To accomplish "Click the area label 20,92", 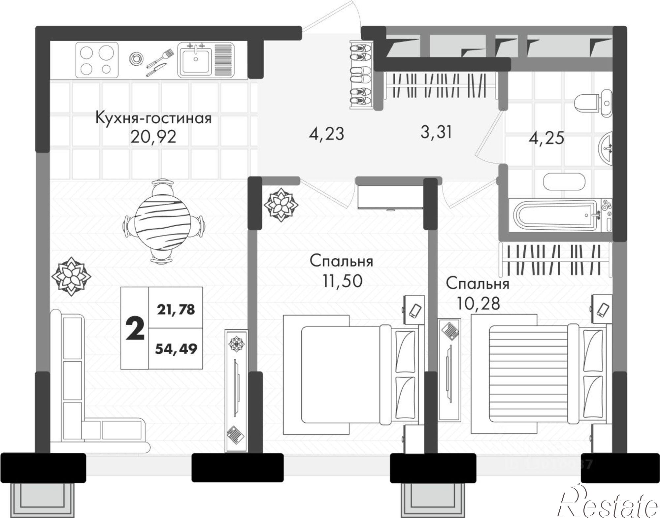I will (x=153, y=137).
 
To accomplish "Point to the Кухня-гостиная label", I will (x=153, y=118).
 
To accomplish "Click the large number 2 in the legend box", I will (x=135, y=328).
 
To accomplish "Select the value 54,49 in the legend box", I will (x=176, y=348).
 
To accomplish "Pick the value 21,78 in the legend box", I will (x=176, y=309).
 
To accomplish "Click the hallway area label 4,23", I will (x=326, y=134).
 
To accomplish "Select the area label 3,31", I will (x=436, y=132).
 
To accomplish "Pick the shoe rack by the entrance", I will (x=361, y=75).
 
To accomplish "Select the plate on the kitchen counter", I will (x=135, y=59).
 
